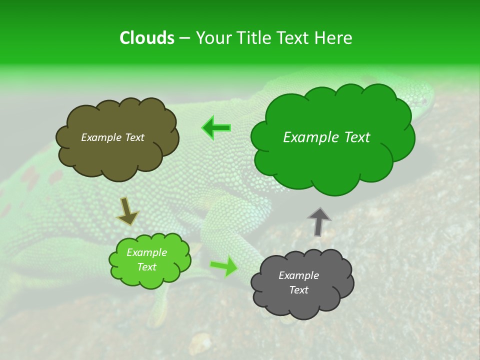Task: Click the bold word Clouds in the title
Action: [146, 38]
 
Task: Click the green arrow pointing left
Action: [216, 128]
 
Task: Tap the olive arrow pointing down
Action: [127, 210]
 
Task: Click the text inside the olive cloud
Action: [112, 137]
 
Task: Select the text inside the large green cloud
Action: [326, 137]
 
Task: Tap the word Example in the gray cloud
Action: [298, 275]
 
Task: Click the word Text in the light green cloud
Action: [146, 267]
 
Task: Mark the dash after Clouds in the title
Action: [184, 38]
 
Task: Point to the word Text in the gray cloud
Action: [298, 290]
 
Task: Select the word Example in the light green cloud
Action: [146, 252]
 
